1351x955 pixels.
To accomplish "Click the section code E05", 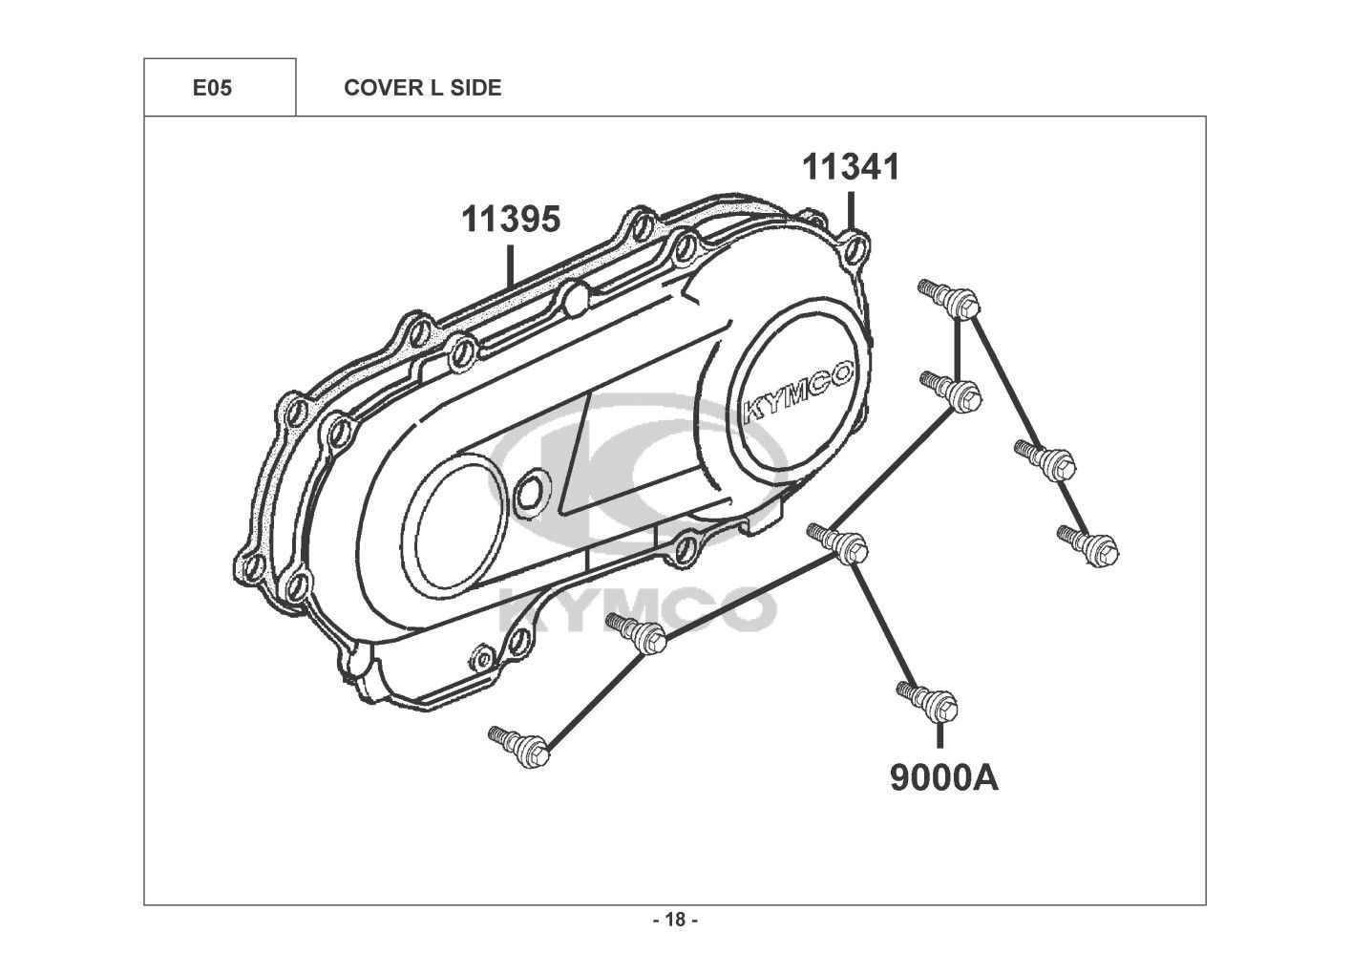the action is tap(212, 88).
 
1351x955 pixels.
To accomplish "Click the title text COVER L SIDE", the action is tap(422, 88).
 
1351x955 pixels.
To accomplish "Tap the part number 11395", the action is tap(511, 219).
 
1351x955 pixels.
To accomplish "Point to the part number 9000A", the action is tap(944, 777).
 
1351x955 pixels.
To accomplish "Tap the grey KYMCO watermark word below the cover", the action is tap(638, 610).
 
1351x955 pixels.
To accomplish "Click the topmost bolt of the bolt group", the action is tap(947, 301).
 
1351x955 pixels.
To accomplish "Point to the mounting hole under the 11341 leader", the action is tap(855, 248).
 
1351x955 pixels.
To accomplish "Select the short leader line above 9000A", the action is tap(939, 736).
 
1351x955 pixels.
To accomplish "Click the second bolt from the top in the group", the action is tap(951, 393).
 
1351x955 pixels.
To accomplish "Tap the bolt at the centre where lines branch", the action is tap(837, 544).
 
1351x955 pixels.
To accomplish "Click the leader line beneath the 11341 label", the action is tap(851, 211).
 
